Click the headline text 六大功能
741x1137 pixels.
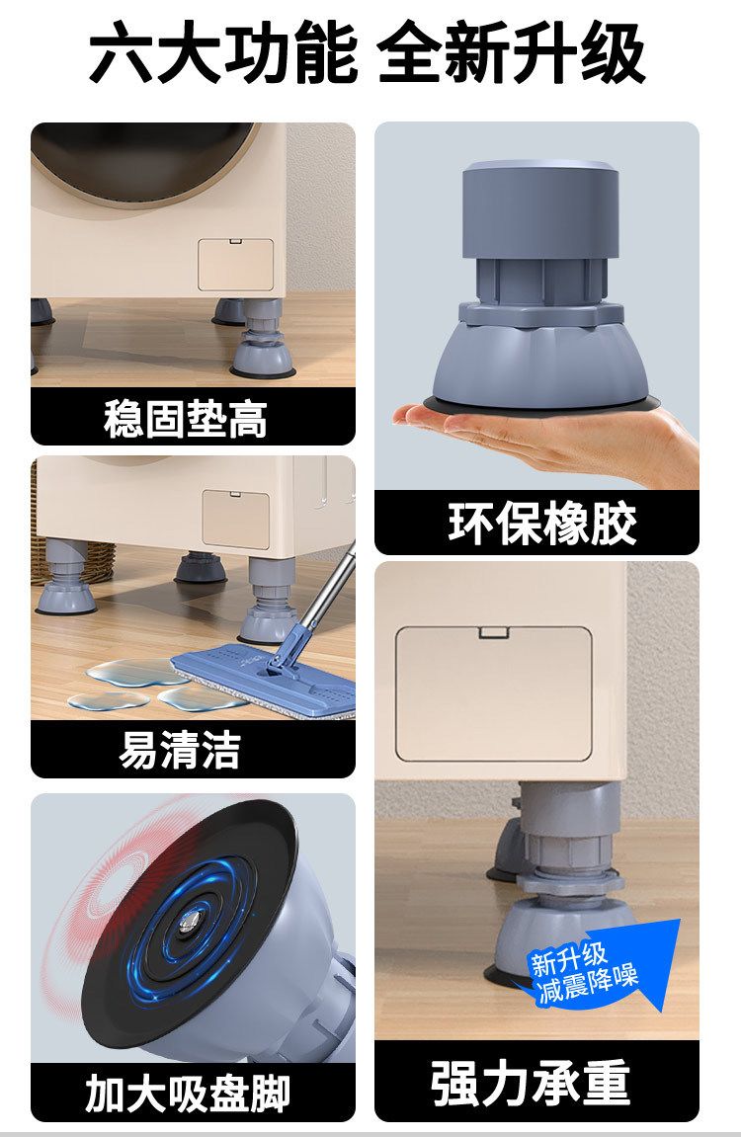223,53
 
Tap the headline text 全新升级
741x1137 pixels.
511,53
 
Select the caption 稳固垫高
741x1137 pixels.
186,418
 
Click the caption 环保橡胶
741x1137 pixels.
542,523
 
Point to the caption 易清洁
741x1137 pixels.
179,749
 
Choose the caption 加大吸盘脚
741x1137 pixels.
188,1094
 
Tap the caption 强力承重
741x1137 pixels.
530,1083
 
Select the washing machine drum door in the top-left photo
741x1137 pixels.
145,163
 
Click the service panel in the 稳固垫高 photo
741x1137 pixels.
236,265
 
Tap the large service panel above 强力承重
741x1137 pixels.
494,693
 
